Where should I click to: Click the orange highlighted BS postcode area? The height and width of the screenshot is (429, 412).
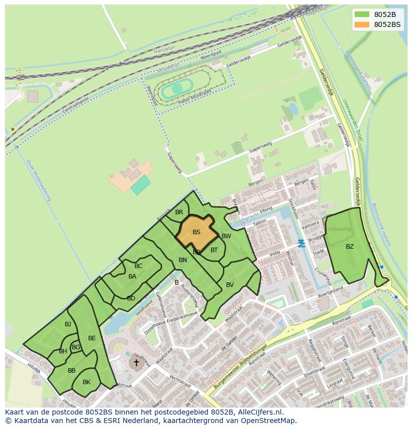(196, 232)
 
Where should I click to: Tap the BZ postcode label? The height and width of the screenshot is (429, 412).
(350, 246)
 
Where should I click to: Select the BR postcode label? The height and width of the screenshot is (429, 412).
(179, 212)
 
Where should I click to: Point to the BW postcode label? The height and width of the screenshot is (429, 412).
(226, 236)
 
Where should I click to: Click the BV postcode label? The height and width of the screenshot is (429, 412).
(230, 285)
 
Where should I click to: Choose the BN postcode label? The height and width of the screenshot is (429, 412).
(183, 260)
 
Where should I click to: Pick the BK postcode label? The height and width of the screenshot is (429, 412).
(87, 382)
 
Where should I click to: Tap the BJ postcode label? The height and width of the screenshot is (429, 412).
(68, 324)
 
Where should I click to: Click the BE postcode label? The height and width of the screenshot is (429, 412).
(92, 338)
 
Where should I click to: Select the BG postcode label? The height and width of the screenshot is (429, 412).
(76, 347)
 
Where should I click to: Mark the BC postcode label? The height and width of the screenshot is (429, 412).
(138, 266)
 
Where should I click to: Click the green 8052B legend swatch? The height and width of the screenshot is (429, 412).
(362, 14)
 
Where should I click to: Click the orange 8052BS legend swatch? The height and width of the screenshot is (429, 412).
(362, 24)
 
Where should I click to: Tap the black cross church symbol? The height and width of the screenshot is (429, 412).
(136, 363)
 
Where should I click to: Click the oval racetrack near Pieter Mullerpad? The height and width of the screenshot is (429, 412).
(175, 90)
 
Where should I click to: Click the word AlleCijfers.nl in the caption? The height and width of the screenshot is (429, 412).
(261, 412)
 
